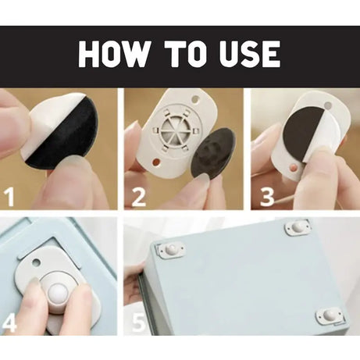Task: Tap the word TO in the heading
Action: click(x=188, y=55)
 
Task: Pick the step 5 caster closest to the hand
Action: click(x=171, y=250)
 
